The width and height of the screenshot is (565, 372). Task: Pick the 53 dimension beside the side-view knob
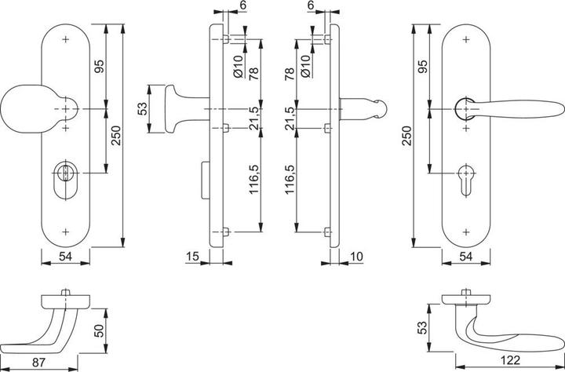pos(143,109)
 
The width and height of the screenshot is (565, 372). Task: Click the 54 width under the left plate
pos(65,257)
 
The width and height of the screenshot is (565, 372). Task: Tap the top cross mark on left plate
pos(65,38)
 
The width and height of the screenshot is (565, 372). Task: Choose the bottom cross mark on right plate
pos(468,230)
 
